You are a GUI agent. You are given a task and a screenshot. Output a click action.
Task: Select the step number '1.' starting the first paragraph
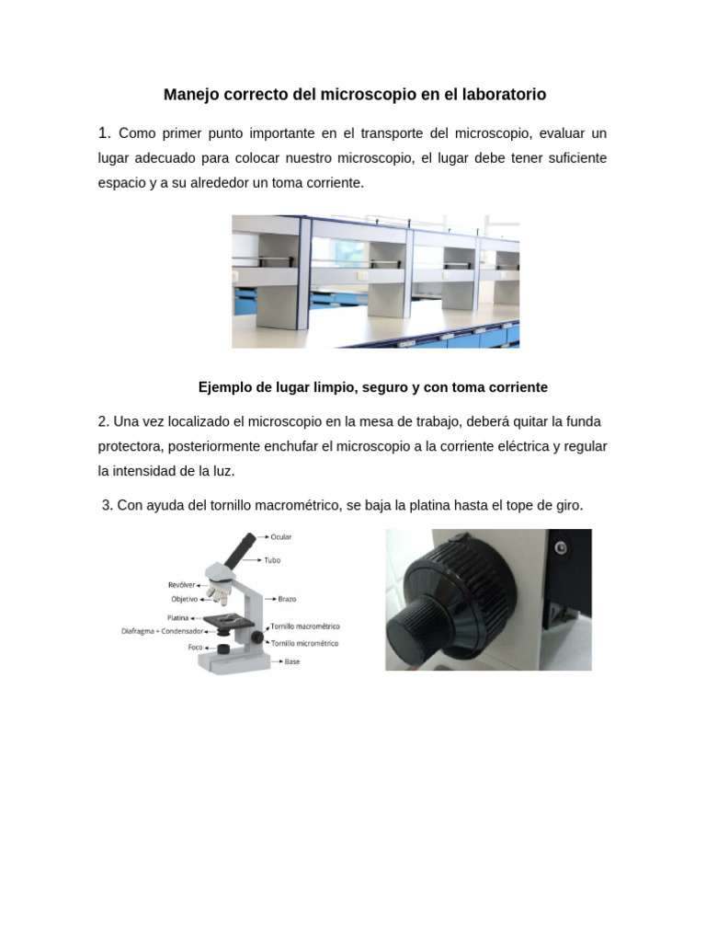tap(105, 133)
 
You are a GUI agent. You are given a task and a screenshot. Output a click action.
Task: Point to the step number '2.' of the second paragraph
tap(104, 421)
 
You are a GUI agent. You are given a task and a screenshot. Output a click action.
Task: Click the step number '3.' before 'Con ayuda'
tap(108, 506)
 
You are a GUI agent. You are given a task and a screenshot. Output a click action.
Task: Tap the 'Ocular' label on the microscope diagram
tap(281, 536)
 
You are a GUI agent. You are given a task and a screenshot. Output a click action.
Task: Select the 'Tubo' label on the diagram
tap(272, 559)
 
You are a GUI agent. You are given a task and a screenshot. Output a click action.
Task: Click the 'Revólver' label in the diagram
tap(181, 584)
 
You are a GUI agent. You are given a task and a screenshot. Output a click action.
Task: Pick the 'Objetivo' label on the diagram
tap(184, 598)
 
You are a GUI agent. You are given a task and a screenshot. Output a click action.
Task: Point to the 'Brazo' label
tap(287, 599)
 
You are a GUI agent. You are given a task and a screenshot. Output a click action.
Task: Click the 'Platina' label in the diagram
tap(178, 617)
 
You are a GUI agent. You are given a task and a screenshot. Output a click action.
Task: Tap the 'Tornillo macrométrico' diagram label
tap(304, 626)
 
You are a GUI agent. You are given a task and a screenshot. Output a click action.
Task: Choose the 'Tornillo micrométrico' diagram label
tap(304, 643)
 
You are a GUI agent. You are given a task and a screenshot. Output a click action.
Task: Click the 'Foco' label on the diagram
tap(195, 647)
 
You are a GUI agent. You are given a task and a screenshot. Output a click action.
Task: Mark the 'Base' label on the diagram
tap(291, 661)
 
